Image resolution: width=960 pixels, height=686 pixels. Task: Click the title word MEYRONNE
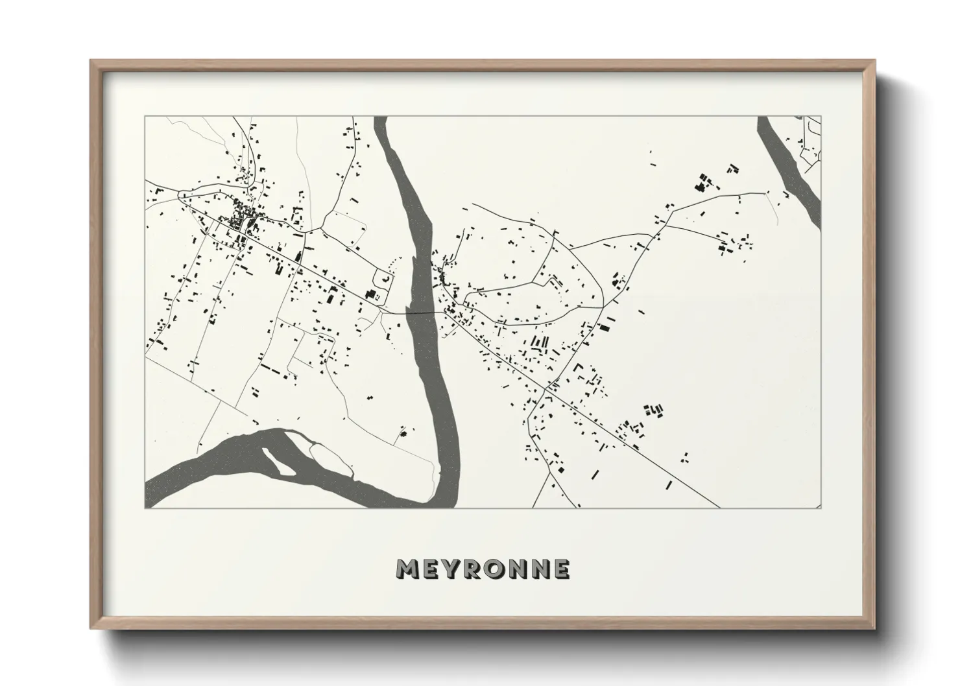[483, 569]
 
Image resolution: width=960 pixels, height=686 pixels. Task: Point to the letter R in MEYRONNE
[475, 569]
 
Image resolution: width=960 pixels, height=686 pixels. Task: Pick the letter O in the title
[498, 569]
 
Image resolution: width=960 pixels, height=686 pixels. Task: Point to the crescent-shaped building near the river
[387, 279]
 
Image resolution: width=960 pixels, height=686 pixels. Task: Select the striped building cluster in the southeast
[654, 409]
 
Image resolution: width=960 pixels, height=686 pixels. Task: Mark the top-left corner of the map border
[145, 117]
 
